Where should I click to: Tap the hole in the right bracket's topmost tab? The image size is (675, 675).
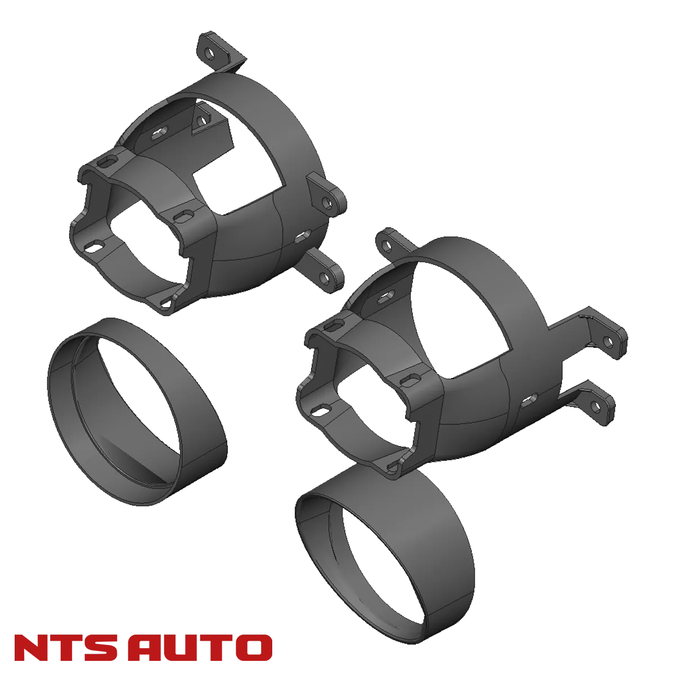coord(386,246)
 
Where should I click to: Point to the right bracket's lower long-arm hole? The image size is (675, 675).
coord(596,406)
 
